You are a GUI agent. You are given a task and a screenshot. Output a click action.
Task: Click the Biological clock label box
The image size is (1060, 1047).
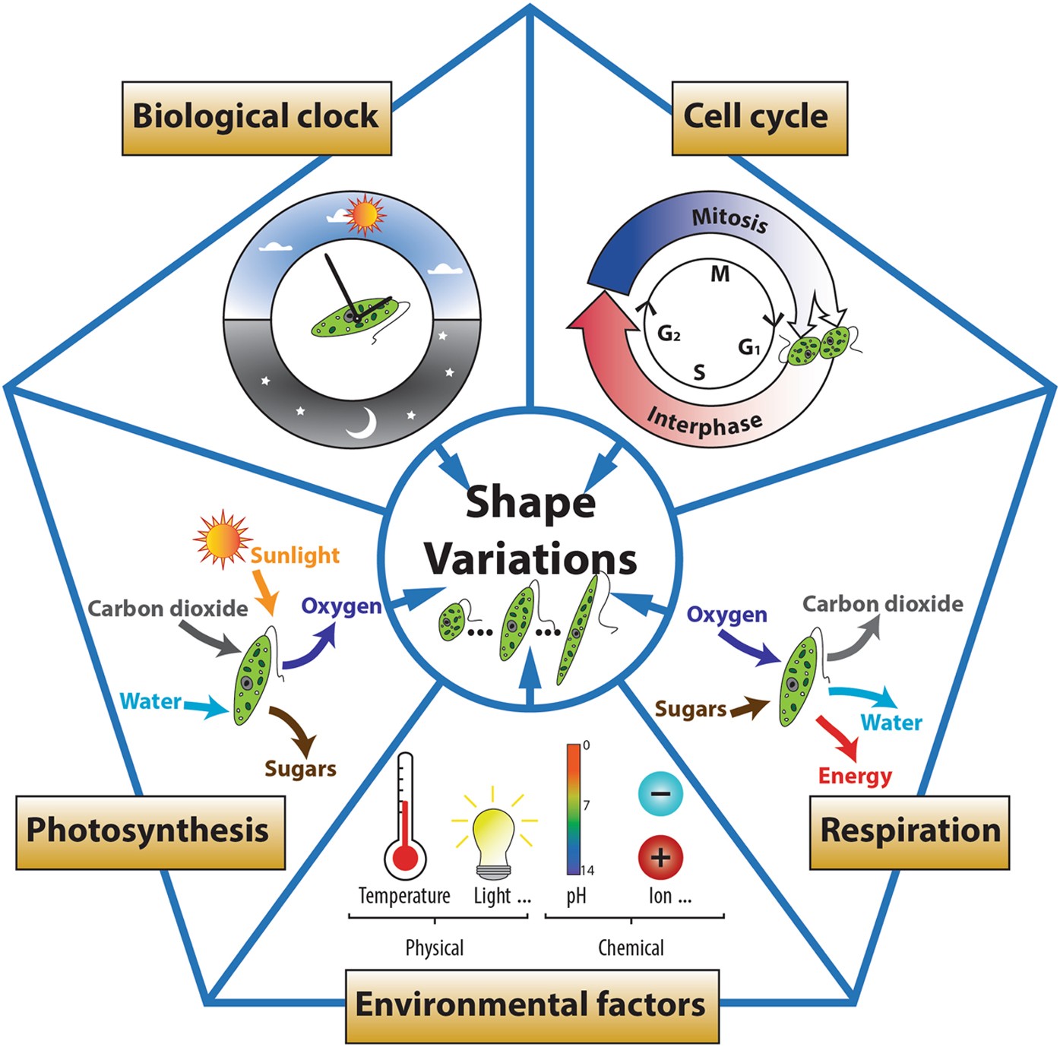(256, 118)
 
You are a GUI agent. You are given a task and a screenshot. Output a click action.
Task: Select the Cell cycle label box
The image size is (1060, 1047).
(758, 118)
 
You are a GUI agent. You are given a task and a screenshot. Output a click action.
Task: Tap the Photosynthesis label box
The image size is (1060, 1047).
(150, 831)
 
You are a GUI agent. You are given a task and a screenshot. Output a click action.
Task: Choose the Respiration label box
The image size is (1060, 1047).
(909, 831)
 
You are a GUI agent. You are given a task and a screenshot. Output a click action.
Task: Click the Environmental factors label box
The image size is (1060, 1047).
(531, 1005)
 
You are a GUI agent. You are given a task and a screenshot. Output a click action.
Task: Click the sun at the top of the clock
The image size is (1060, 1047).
(364, 216)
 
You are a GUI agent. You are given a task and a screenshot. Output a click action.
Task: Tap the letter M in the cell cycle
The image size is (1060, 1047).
(720, 274)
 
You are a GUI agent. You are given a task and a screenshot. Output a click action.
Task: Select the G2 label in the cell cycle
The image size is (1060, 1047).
(669, 334)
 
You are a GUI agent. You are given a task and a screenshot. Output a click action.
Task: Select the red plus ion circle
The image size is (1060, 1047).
(660, 857)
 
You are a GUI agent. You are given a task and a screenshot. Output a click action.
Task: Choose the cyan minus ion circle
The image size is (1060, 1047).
(660, 794)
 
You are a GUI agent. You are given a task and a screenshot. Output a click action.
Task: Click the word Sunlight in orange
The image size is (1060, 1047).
(295, 555)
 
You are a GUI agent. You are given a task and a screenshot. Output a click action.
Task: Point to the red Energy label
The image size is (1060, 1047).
(855, 776)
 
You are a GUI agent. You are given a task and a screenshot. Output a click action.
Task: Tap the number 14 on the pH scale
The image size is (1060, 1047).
(587, 871)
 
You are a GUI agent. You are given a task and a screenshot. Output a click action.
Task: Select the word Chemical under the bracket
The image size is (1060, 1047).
(631, 947)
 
